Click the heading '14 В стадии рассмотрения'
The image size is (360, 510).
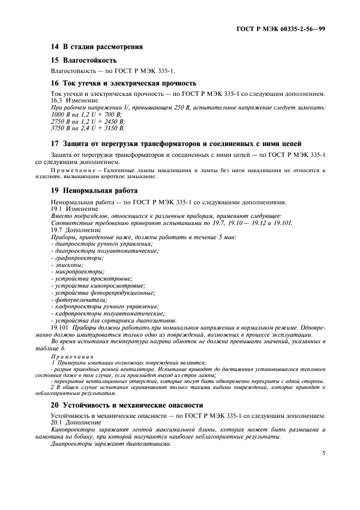pyautogui.click(x=96, y=46)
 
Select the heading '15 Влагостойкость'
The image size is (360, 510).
pyautogui.click(x=83, y=60)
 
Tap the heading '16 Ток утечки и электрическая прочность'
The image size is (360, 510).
pyautogui.click(x=123, y=83)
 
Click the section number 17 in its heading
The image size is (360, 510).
pyautogui.click(x=54, y=144)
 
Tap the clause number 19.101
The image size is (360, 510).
pyautogui.click(x=60, y=328)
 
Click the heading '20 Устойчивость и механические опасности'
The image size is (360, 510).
pyautogui.click(x=126, y=405)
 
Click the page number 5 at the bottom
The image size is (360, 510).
pyautogui.click(x=324, y=452)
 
